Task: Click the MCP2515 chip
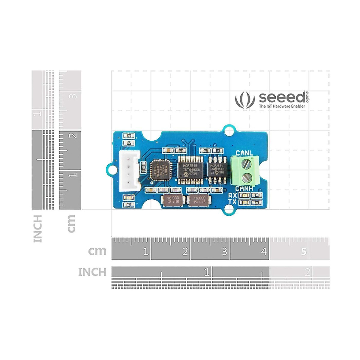coord(190,170)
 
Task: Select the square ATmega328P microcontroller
coord(160,170)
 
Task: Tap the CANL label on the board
coord(244,153)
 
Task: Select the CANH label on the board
coord(244,188)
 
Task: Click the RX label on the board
coord(232,195)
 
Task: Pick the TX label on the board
coord(232,202)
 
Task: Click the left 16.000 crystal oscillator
coord(173,200)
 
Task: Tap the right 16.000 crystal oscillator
coord(199,200)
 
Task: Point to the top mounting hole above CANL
coord(229,131)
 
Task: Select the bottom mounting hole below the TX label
coord(229,209)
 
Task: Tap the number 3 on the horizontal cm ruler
coord(224,251)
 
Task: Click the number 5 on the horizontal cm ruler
coord(304,251)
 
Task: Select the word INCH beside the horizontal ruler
coord(92,272)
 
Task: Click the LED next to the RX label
coord(245,195)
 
